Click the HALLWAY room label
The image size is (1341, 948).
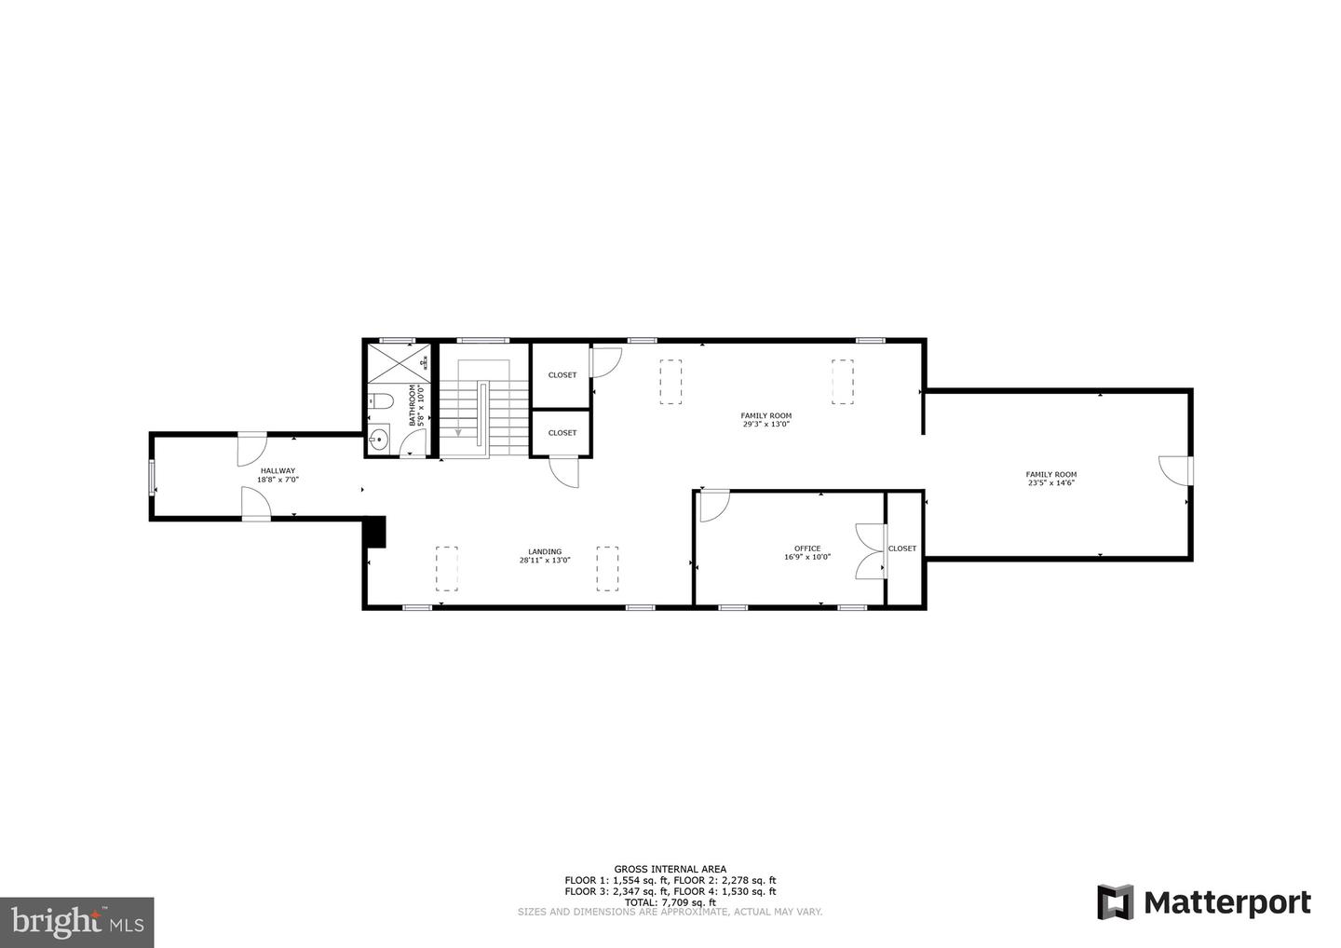[x=278, y=471]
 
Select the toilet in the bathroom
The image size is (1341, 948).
[x=381, y=401]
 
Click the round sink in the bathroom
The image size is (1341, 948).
[x=378, y=440]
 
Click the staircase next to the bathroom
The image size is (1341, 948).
[x=475, y=408]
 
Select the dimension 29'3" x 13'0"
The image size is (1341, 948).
[x=766, y=425]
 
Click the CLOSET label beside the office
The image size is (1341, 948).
[x=901, y=548]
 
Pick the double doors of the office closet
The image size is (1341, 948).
[x=871, y=551]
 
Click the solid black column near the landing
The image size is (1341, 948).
[x=374, y=532]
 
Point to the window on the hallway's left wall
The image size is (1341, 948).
[x=153, y=477]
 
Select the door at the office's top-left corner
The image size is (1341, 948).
[x=713, y=505]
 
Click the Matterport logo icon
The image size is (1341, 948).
[x=1115, y=902]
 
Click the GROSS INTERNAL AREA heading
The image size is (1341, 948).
[x=670, y=869]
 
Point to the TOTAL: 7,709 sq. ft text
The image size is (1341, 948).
[x=670, y=902]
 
